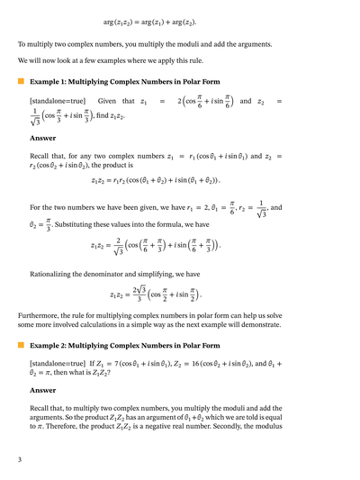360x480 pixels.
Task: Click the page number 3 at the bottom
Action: pos(20,460)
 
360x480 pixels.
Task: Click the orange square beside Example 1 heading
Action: pos(21,81)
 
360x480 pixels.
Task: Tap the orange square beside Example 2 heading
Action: pos(21,345)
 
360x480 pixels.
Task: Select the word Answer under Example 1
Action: pos(42,139)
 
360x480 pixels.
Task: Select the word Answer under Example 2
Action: pos(42,390)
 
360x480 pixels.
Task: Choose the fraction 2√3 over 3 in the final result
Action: pos(139,294)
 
